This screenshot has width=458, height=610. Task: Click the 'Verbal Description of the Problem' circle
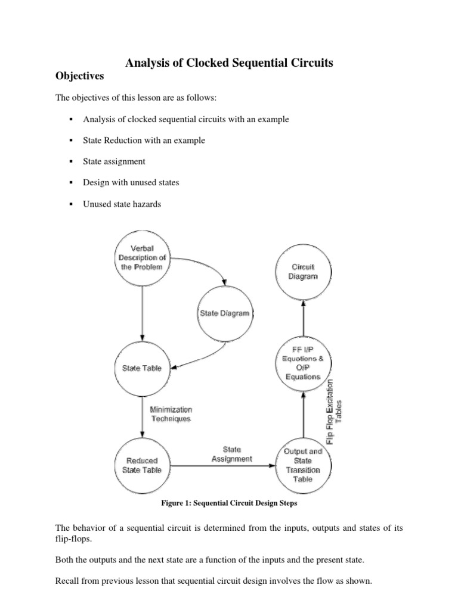tap(141, 257)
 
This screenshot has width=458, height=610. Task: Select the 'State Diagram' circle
tap(224, 313)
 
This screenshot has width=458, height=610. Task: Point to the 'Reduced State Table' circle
tap(142, 465)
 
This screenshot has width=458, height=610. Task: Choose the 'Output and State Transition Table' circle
tap(304, 465)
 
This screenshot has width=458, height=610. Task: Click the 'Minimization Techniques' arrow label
tap(171, 414)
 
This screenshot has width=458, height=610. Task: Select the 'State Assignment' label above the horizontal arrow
tap(232, 454)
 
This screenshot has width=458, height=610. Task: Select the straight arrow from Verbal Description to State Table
tap(141, 310)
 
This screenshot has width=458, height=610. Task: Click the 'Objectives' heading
tap(79, 76)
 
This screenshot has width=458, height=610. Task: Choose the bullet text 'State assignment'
tap(114, 161)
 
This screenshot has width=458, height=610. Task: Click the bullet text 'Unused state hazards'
tap(122, 204)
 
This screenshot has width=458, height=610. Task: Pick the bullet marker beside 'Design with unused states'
tap(71, 183)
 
